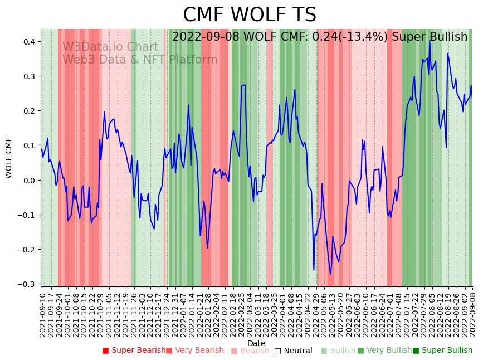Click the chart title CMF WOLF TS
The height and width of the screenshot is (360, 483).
coord(250,15)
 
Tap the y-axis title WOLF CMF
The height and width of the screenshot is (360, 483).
coord(9,158)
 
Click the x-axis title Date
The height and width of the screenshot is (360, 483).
coord(256,343)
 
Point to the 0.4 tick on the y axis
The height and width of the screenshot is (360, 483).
coord(28,42)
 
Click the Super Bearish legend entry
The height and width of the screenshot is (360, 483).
coord(134,351)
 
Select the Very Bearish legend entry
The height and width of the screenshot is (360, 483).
coord(194,351)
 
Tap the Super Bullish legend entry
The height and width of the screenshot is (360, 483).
coord(442,351)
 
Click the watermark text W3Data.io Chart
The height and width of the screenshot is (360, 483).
coord(110,47)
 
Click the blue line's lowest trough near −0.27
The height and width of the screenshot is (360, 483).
coord(330,274)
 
